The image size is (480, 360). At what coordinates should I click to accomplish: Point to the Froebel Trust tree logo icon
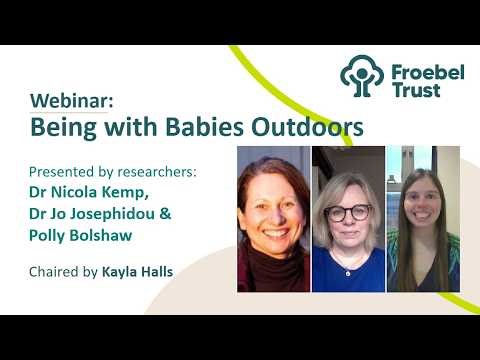pos(361,76)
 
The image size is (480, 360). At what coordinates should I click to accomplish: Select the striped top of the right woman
pos(422,275)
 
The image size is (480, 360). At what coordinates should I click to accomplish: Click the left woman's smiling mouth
pos(273,225)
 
